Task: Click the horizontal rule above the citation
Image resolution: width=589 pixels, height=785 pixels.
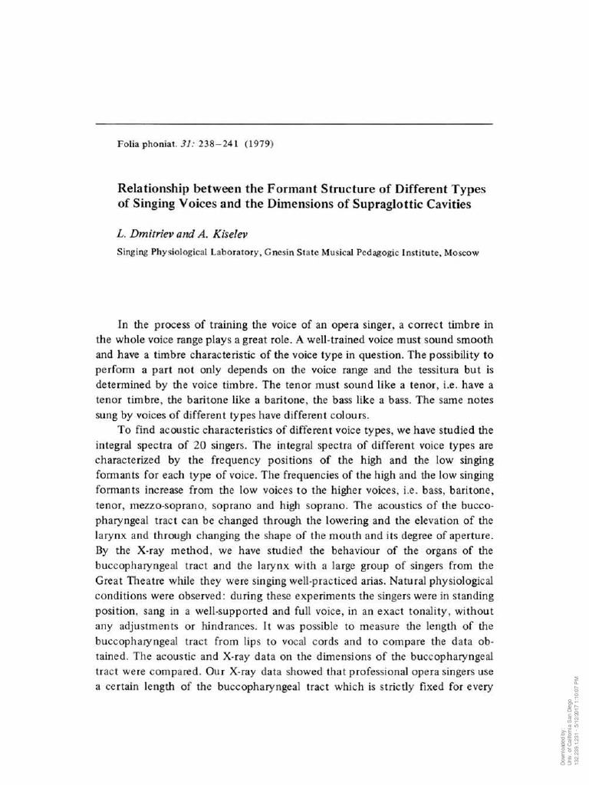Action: (x=294, y=123)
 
